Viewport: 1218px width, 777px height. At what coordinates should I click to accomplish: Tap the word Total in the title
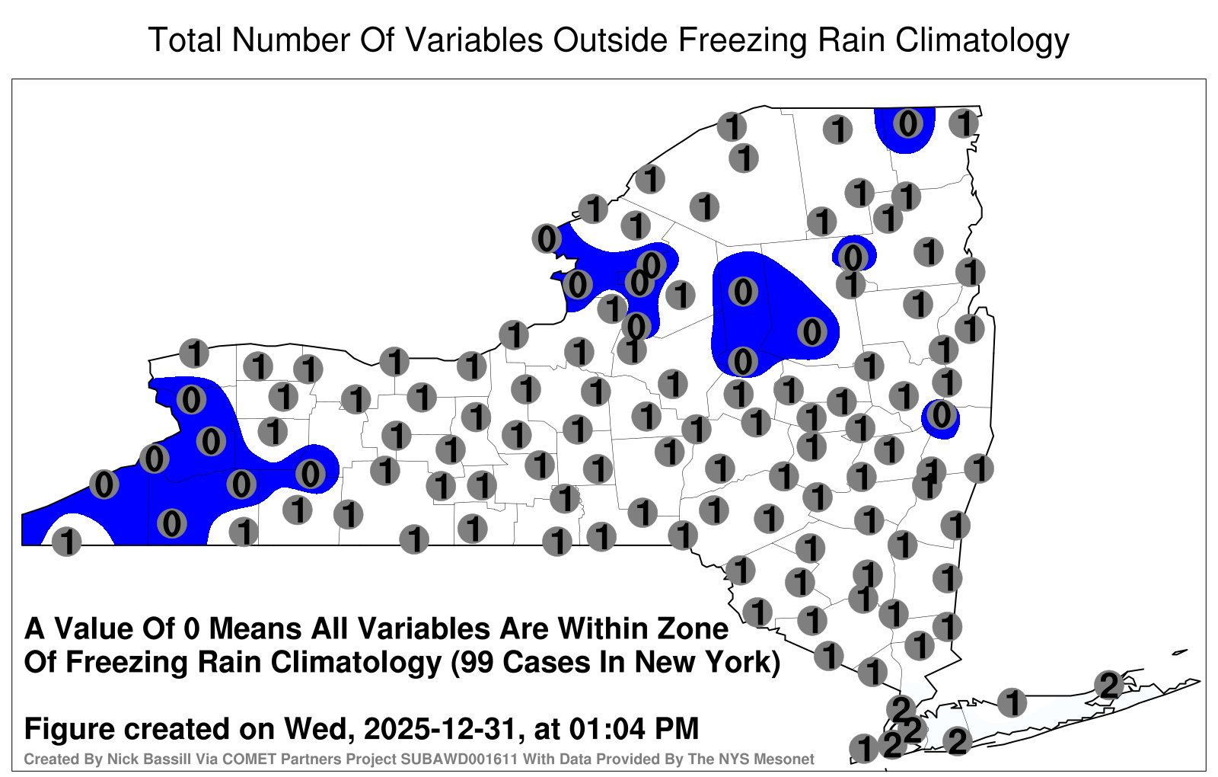click(185, 40)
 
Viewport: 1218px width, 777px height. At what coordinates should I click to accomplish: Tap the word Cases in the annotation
click(547, 662)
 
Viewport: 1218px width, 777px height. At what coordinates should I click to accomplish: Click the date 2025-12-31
click(438, 728)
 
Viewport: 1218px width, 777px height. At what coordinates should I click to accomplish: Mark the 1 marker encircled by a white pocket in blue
click(66, 542)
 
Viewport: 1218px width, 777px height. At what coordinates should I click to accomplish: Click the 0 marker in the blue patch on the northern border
click(907, 123)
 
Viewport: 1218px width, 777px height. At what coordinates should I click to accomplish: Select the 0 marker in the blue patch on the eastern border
click(941, 415)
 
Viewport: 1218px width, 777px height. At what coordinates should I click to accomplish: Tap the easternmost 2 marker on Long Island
click(1108, 685)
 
